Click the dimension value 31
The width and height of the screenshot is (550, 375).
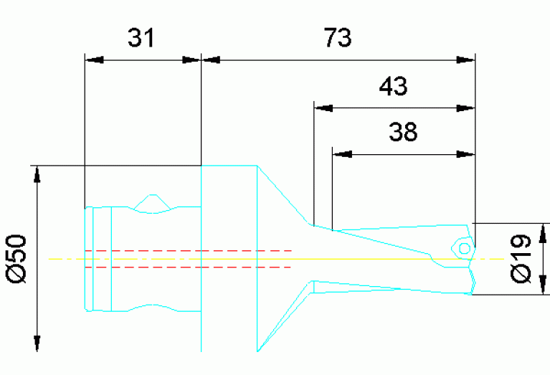click(x=141, y=38)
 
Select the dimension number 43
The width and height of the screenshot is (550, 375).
click(x=393, y=87)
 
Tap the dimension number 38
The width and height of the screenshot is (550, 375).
click(x=403, y=132)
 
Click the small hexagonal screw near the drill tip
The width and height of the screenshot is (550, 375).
click(x=463, y=247)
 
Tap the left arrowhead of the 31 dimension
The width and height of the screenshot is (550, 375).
click(x=93, y=60)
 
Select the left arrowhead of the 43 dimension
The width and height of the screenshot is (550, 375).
click(x=323, y=108)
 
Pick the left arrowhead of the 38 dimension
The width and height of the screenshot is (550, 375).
click(x=341, y=153)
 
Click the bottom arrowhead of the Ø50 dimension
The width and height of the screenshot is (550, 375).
click(x=37, y=343)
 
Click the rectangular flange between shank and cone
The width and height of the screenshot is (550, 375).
click(x=228, y=258)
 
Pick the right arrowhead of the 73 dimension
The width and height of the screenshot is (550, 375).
click(x=466, y=60)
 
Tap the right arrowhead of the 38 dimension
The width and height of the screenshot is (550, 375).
click(x=466, y=153)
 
